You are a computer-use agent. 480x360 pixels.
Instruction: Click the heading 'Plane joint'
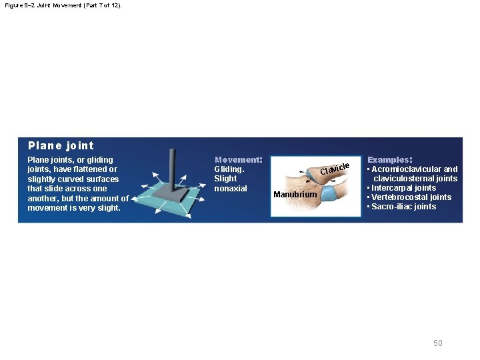pyautogui.click(x=61, y=145)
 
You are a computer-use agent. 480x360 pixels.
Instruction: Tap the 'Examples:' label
pyautogui.click(x=390, y=160)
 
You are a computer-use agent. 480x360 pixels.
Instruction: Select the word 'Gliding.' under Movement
pyautogui.click(x=229, y=169)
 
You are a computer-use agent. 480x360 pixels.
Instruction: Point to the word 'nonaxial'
pyautogui.click(x=231, y=189)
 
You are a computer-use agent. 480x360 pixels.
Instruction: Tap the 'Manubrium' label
pyautogui.click(x=295, y=195)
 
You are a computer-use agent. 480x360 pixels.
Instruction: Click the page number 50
pyautogui.click(x=438, y=343)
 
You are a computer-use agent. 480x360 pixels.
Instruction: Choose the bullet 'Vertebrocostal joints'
pyautogui.click(x=411, y=197)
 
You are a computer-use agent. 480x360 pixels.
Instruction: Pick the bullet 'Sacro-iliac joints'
pyautogui.click(x=404, y=207)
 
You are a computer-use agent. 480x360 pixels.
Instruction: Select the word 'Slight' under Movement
pyautogui.click(x=225, y=179)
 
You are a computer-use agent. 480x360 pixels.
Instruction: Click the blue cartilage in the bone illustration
pyautogui.click(x=327, y=193)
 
